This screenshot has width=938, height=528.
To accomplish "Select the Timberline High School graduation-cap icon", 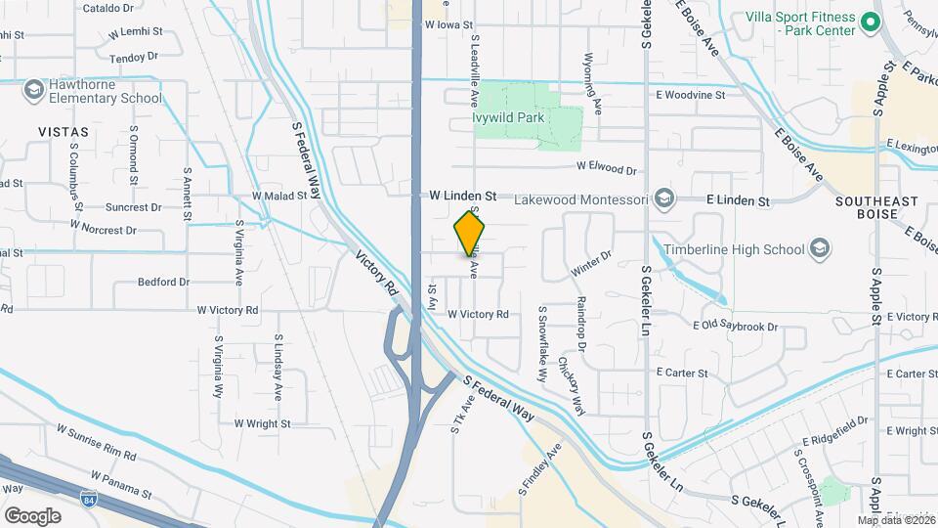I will pyautogui.click(x=820, y=249).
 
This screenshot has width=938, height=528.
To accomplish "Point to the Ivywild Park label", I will pyautogui.click(x=508, y=118).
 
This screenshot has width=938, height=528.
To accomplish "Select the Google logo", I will pyautogui.click(x=32, y=515).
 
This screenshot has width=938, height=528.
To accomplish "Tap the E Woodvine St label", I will pyautogui.click(x=690, y=95).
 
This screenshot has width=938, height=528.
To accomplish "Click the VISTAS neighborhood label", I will pyautogui.click(x=63, y=131).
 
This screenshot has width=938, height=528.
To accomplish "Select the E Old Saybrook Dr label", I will pyautogui.click(x=735, y=327).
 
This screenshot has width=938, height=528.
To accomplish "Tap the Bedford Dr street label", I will pyautogui.click(x=163, y=283).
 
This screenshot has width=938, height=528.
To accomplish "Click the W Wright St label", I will pyautogui.click(x=261, y=424).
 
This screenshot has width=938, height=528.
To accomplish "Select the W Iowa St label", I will pyautogui.click(x=448, y=25).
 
